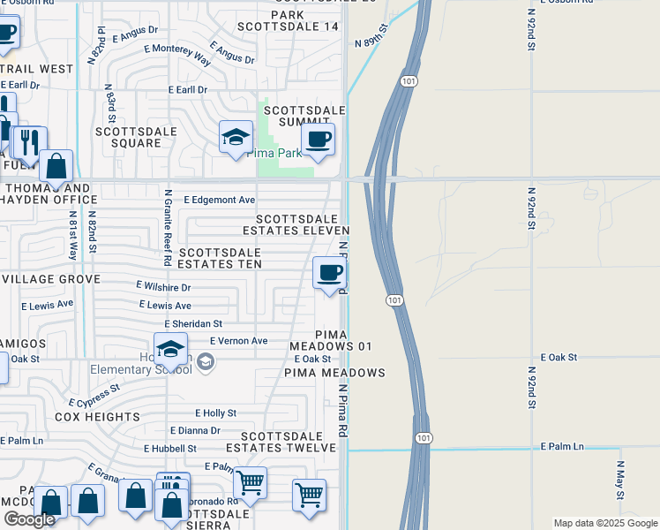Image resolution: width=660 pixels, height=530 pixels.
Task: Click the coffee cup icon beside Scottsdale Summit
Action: tap(318, 139)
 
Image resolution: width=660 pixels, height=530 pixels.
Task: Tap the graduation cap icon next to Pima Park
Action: tap(235, 137)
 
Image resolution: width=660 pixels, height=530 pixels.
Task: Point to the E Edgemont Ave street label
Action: tap(219, 201)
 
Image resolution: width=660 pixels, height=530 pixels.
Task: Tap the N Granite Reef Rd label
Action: tap(166, 227)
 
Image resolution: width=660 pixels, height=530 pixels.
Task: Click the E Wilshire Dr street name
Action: tap(163, 287)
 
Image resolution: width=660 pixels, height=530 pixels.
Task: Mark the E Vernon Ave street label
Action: tap(238, 341)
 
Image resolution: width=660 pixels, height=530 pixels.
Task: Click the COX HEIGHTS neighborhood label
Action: tap(97, 416)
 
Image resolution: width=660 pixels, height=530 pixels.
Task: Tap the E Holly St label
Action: tap(215, 413)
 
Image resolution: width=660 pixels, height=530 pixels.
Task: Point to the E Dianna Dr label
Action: tap(195, 431)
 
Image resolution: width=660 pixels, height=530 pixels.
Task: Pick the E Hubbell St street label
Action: tap(170, 449)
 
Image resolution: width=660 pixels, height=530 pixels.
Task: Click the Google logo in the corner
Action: tap(29, 519)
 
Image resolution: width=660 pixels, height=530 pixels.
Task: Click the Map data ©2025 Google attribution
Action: tap(604, 523)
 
